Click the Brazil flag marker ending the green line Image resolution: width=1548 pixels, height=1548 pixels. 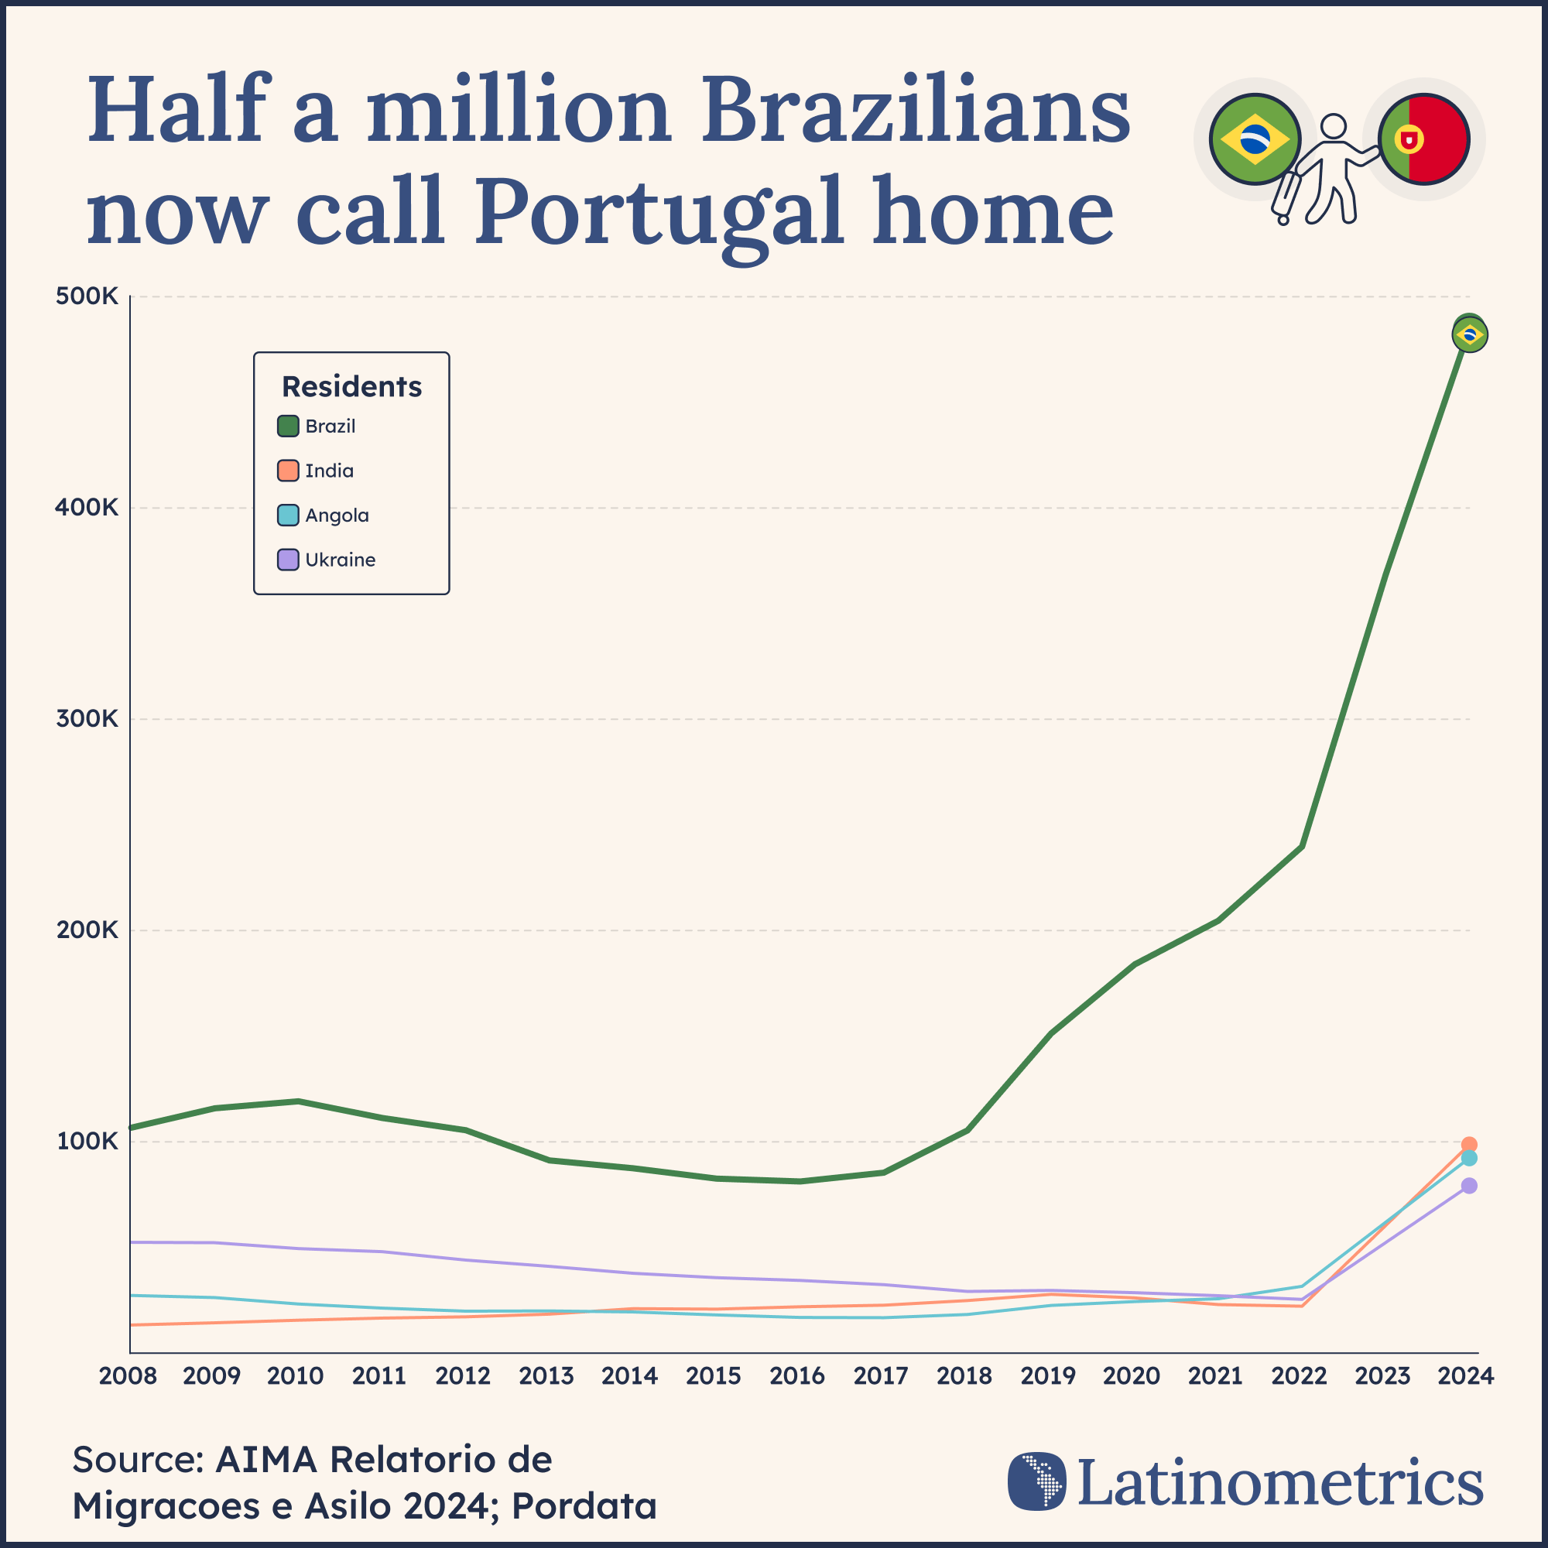[x=1470, y=335]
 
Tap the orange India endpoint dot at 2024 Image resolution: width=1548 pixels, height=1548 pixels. [x=1469, y=1145]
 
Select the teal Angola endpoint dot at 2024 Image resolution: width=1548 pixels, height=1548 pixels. [x=1469, y=1159]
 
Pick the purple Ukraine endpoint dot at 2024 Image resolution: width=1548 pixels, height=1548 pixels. [x=1469, y=1186]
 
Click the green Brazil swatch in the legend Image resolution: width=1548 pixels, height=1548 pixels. [x=288, y=426]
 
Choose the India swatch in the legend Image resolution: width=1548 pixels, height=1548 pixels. [x=288, y=471]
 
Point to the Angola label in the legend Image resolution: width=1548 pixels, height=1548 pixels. [x=337, y=515]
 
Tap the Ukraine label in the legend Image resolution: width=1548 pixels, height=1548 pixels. [x=340, y=560]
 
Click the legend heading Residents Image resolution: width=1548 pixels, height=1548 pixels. [x=351, y=386]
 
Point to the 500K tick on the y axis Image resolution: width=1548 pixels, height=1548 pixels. [x=87, y=296]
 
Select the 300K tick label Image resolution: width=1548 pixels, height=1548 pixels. [x=87, y=719]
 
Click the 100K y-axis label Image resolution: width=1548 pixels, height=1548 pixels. [x=87, y=1141]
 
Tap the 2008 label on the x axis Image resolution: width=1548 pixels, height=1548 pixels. [x=128, y=1376]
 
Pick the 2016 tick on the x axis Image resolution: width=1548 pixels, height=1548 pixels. [x=797, y=1376]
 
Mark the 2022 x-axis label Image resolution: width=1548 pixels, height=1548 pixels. [x=1299, y=1376]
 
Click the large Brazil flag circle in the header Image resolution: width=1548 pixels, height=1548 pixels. [x=1255, y=139]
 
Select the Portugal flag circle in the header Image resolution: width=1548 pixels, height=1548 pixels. [x=1424, y=139]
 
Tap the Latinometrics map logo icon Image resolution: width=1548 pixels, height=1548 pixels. [x=1037, y=1481]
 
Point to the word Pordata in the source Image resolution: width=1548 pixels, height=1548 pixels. [x=584, y=1505]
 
